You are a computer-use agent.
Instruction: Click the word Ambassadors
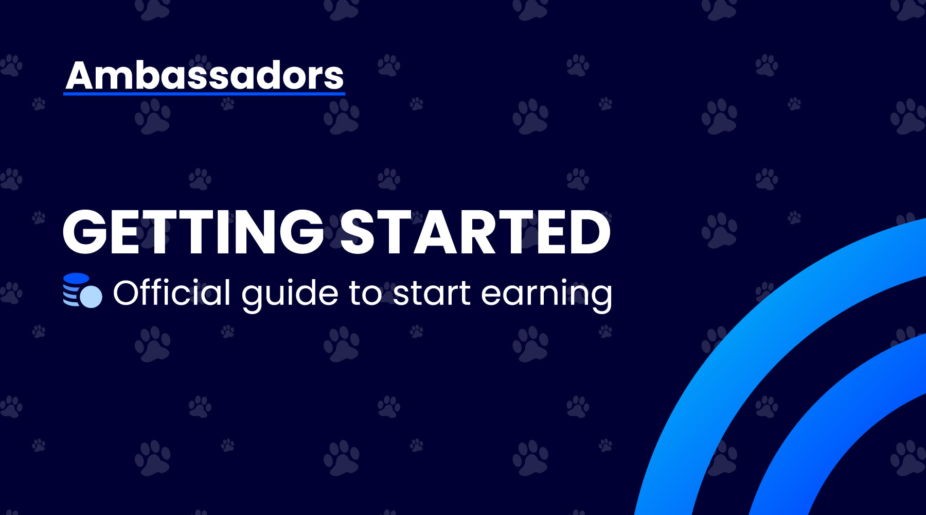tap(204, 76)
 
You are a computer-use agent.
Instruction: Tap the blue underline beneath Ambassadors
tap(204, 94)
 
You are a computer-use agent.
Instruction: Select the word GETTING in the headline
tap(193, 232)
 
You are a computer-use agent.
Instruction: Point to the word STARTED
tap(475, 232)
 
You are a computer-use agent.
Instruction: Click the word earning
tap(546, 294)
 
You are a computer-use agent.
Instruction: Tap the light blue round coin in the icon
tap(92, 297)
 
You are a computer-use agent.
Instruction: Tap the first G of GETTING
tap(85, 232)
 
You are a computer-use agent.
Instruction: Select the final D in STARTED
tap(590, 232)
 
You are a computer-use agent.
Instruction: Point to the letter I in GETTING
tap(222, 232)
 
